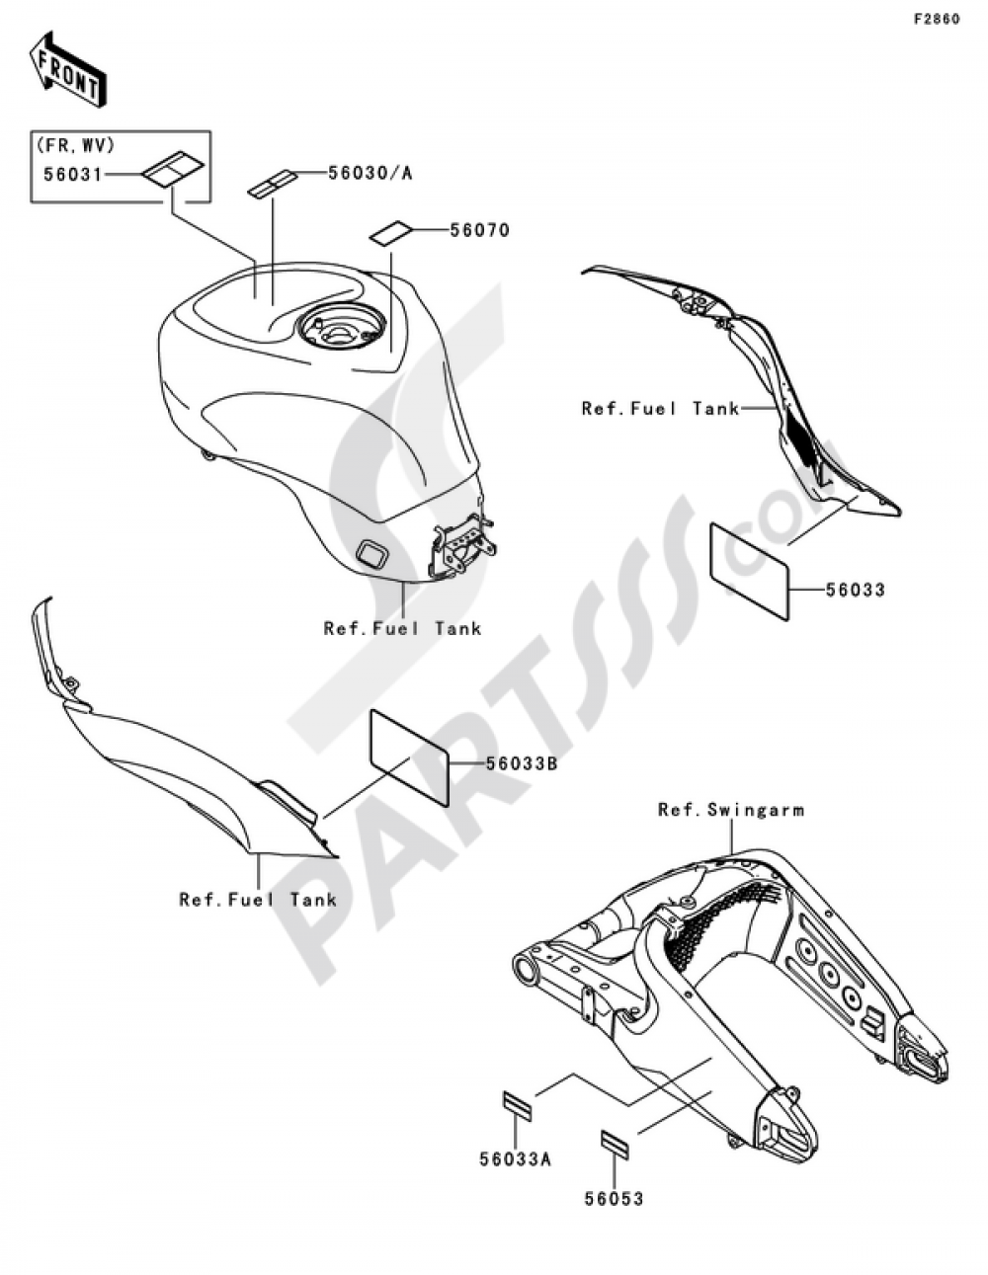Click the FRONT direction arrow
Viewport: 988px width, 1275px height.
[x=68, y=69]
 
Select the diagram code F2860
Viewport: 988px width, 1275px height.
[x=936, y=20]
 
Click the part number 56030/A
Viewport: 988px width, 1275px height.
[x=370, y=173]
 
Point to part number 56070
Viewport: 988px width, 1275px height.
[x=480, y=230]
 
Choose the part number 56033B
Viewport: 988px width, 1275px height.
[x=521, y=764]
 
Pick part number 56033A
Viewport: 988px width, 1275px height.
[x=516, y=1159]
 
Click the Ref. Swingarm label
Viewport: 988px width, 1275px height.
[x=731, y=810]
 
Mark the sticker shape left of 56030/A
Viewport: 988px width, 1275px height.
[x=270, y=183]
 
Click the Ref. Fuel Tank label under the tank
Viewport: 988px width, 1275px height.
[x=402, y=629]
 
